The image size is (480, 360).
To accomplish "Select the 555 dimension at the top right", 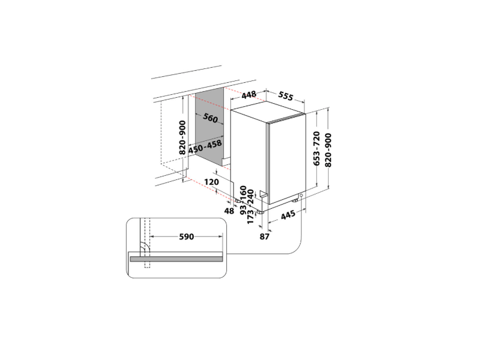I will (x=286, y=96).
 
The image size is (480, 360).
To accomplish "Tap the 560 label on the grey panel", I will (x=210, y=118).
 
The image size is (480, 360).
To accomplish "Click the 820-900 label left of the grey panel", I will (x=182, y=137).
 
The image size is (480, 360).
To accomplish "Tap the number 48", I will (x=229, y=211).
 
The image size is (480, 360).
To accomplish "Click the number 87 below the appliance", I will (x=265, y=236).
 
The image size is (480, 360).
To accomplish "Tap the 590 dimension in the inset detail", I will (x=186, y=236).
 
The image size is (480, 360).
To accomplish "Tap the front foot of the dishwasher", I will (x=262, y=211).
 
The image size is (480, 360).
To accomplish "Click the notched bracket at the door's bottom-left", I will (x=262, y=195).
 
